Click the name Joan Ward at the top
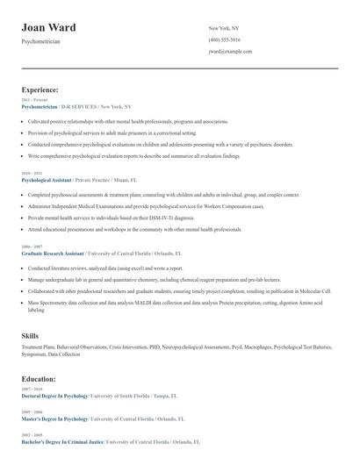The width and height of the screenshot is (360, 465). [48, 27]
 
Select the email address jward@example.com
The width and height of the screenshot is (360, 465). [230, 52]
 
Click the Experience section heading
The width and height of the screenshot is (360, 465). [40, 89]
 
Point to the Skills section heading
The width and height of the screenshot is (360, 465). [30, 336]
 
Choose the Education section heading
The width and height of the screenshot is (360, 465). [39, 379]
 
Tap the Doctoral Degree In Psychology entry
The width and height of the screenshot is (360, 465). [55, 396]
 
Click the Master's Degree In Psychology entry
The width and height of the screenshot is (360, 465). [54, 419]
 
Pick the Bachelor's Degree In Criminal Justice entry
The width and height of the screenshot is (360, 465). [61, 442]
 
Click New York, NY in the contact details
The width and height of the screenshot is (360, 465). [225, 28]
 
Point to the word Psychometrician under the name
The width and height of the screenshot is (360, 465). [40, 41]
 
